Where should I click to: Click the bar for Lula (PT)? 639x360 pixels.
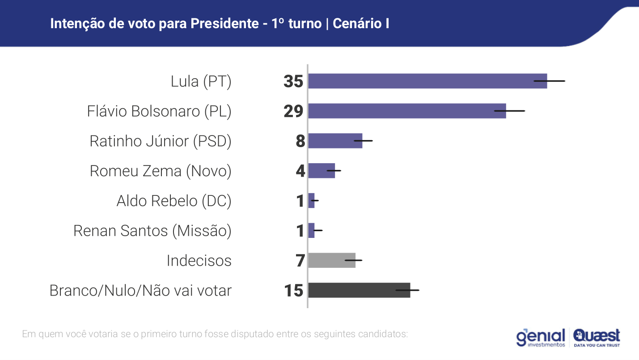tap(427, 81)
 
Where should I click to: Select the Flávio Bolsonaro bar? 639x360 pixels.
tap(407, 111)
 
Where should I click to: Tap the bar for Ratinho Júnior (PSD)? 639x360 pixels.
tap(335, 141)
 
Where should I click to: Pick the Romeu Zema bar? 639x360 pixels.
tap(321, 171)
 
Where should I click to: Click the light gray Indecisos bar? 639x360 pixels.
tap(331, 260)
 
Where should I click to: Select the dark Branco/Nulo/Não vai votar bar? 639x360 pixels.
tap(359, 290)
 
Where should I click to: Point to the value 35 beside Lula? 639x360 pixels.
tap(293, 81)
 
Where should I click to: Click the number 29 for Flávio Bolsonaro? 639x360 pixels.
tap(293, 111)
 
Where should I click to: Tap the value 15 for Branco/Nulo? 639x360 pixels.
tap(293, 291)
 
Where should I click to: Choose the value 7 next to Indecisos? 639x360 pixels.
tap(300, 261)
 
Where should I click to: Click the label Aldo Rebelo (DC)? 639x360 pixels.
tap(174, 201)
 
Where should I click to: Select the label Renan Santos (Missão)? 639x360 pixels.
tap(152, 231)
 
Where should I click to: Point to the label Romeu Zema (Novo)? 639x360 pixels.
tap(161, 171)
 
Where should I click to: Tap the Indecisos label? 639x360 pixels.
tap(199, 261)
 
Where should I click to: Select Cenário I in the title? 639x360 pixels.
tap(361, 24)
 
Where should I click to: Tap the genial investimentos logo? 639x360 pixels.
tap(541, 338)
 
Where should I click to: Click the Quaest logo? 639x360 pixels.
tap(597, 338)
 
